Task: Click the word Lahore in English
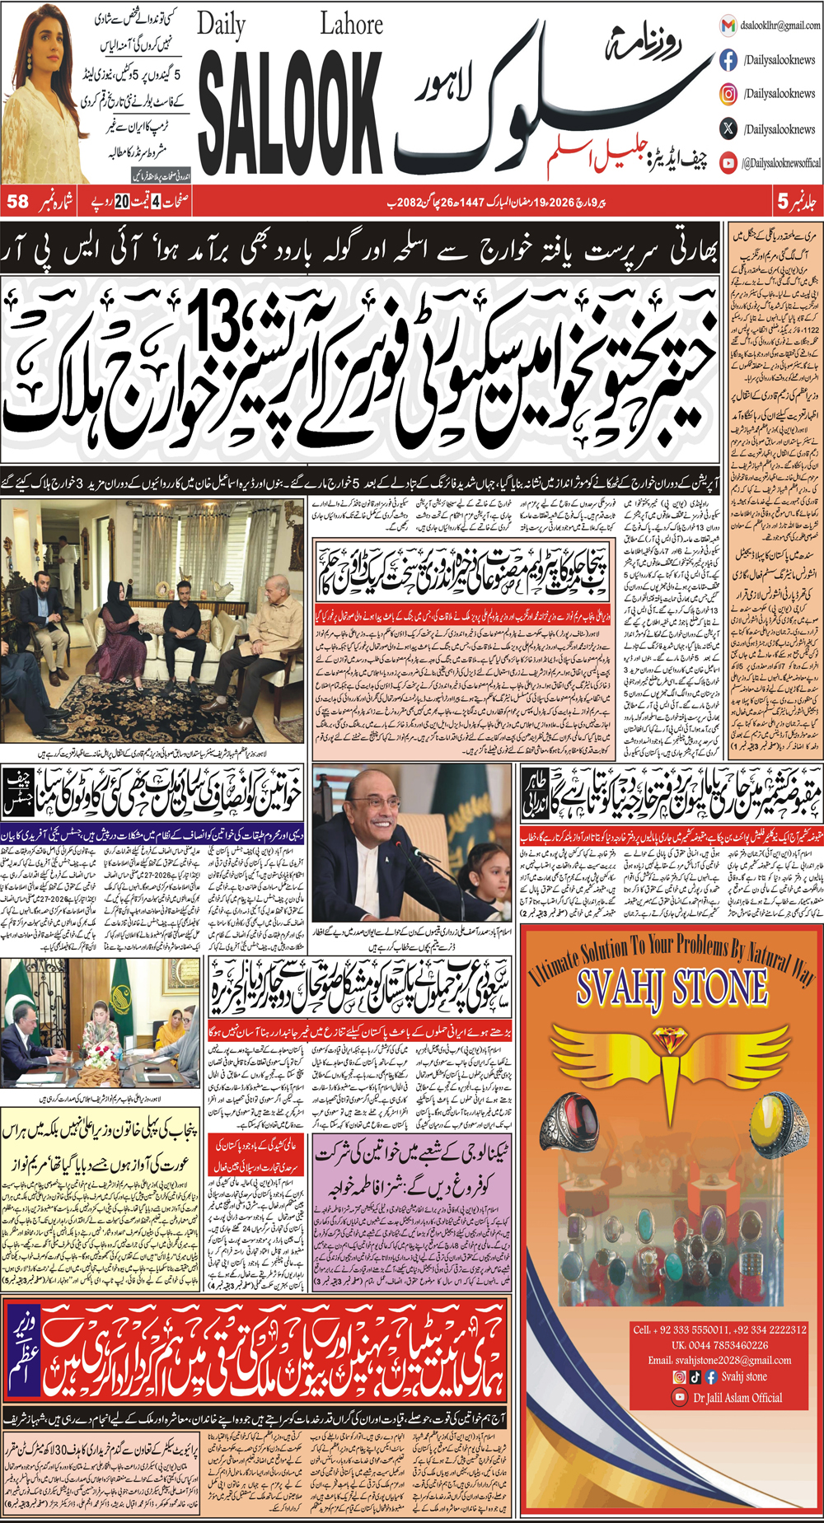pos(351,24)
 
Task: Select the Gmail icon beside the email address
pos(728,26)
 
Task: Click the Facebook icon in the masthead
pos(728,60)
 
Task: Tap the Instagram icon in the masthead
pos(728,94)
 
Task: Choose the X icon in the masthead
pos(728,128)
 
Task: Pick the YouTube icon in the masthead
pos(728,163)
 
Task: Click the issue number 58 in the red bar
pos(17,201)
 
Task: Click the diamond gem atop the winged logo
pos(671,1040)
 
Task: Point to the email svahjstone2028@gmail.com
pos(719,1360)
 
